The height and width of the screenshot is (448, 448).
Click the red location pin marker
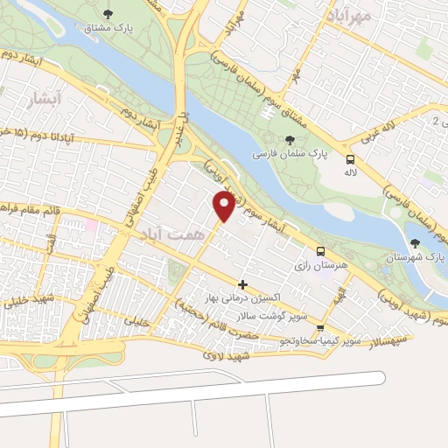(x=224, y=206)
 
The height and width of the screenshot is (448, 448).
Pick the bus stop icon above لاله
(x=351, y=160)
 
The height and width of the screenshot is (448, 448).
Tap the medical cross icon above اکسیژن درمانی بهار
(x=242, y=284)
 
